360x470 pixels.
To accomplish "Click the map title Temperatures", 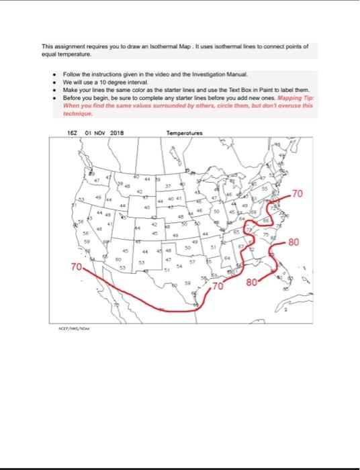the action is (x=183, y=132).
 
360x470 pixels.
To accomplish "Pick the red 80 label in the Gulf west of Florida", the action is (x=253, y=283).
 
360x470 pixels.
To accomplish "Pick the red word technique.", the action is (x=77, y=113).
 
